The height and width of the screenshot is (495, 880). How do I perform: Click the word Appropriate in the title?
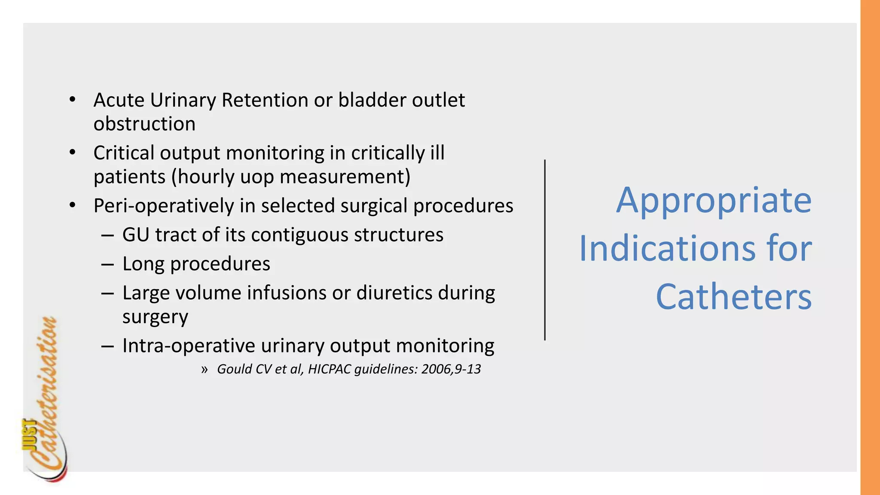tap(714, 201)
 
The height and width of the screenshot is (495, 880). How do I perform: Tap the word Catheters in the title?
tap(733, 297)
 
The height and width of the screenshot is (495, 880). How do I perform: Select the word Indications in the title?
tap(666, 249)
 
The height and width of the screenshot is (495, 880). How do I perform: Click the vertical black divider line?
tap(545, 250)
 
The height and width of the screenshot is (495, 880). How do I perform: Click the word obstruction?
tap(144, 124)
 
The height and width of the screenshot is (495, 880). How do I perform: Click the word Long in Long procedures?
tap(144, 264)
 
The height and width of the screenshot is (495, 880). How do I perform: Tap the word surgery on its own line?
tap(155, 317)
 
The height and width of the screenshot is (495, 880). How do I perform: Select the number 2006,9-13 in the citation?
tap(451, 369)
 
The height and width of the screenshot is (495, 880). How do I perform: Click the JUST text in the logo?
tap(29, 434)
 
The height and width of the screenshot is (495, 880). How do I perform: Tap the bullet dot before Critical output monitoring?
tap(72, 153)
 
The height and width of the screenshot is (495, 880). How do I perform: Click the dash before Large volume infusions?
tap(107, 293)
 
